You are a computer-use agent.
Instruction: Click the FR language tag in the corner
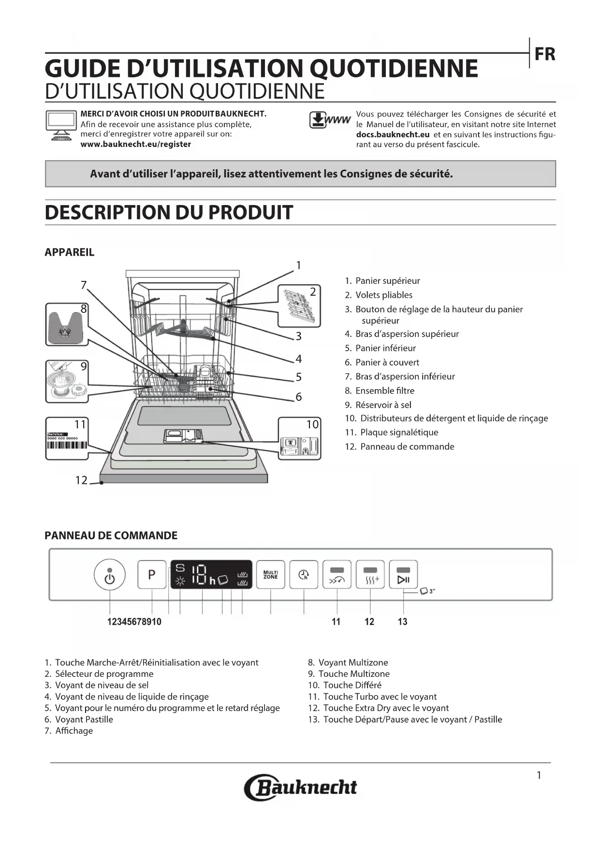(x=544, y=54)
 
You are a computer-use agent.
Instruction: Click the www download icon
(x=329, y=120)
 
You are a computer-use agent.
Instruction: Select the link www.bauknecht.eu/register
(x=135, y=144)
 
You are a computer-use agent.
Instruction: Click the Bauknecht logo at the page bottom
(x=300, y=788)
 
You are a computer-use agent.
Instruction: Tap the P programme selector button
(x=152, y=574)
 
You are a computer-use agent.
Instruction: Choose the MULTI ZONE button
(x=270, y=574)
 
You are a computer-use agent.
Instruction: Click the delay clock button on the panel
(x=304, y=574)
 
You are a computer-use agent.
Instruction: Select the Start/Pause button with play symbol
(x=403, y=575)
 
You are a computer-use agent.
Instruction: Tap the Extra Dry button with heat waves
(x=370, y=575)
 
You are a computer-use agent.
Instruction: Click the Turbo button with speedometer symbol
(x=337, y=575)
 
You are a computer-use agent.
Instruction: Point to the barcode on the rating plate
(x=67, y=445)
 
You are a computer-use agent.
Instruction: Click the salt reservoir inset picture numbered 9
(x=67, y=381)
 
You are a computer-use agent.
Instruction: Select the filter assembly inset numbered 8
(x=67, y=324)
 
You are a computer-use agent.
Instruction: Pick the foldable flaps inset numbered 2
(x=299, y=306)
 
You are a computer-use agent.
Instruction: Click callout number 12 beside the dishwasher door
(x=81, y=480)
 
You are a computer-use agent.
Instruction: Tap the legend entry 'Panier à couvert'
(x=387, y=362)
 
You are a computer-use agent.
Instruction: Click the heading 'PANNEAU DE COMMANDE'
(x=111, y=535)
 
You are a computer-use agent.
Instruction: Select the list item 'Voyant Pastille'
(x=84, y=719)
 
